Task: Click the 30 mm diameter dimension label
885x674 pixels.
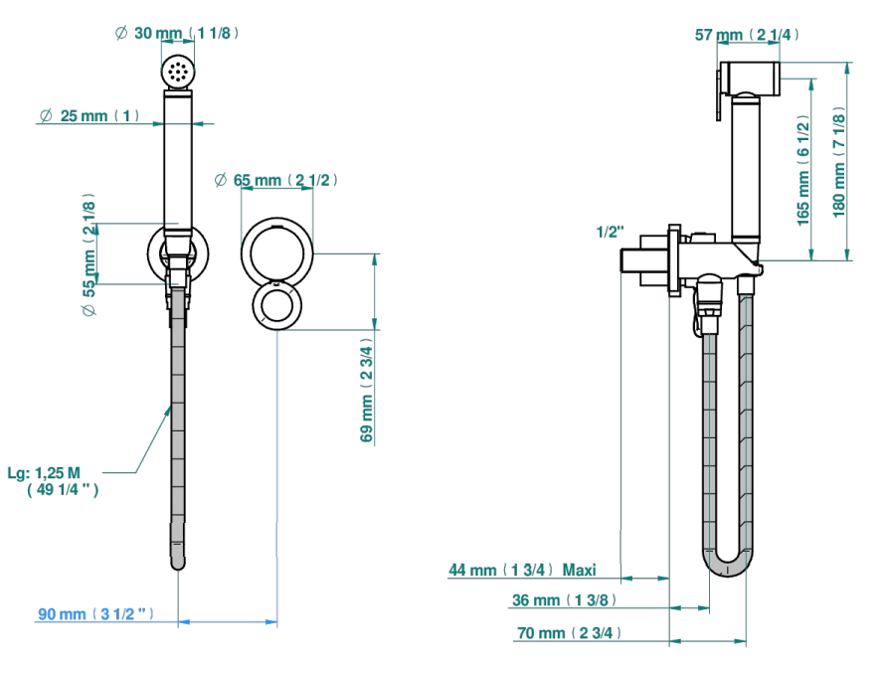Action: click(177, 34)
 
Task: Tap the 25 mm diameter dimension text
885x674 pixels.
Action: click(89, 115)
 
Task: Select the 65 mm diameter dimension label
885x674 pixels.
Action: click(276, 180)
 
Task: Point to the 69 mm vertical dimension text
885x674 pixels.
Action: click(367, 390)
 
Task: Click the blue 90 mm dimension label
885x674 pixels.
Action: click(95, 613)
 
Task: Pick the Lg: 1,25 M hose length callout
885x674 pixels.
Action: click(53, 481)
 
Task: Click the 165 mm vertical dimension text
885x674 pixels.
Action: click(803, 170)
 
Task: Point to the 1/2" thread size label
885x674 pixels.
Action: click(611, 232)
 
